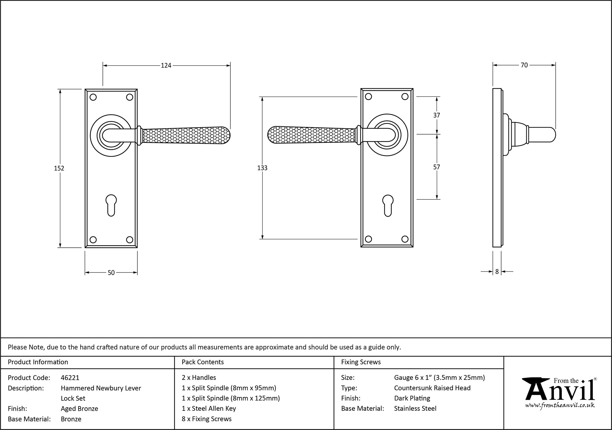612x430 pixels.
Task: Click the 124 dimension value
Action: coord(166,65)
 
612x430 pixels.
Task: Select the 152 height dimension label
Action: coord(59,168)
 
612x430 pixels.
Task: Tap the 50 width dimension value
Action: coord(111,272)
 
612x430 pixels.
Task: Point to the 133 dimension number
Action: coord(262,168)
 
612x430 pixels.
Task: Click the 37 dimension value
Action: coord(437,115)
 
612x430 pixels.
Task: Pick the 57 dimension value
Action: coord(437,167)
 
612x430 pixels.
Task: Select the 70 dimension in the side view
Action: coord(524,65)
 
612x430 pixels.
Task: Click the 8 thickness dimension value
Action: coord(497,272)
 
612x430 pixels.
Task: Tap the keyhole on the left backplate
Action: coord(111,205)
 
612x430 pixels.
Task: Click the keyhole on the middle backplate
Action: coord(388,205)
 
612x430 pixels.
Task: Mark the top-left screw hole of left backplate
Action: coord(93,97)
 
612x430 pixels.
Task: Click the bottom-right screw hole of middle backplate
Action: coord(405,239)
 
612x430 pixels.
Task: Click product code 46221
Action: coord(70,378)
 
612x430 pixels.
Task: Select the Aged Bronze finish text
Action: coord(80,409)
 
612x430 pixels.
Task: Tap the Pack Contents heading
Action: coord(203,362)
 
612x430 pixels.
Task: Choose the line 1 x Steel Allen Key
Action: coord(209,408)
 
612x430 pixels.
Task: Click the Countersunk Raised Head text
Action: coord(432,388)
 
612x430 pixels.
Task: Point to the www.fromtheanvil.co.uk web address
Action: coord(560,405)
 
